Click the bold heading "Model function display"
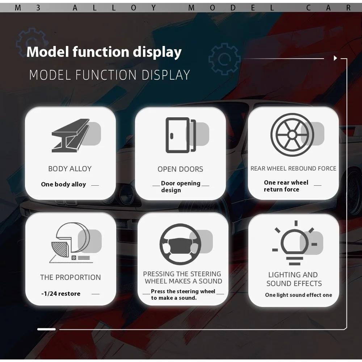coord(104,52)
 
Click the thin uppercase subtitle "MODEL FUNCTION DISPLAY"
coord(109,75)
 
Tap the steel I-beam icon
coord(71,135)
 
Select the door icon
coord(181,135)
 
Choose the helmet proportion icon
coord(71,243)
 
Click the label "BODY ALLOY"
coord(70,169)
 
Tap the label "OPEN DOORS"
coord(180,169)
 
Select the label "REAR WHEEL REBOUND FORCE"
coord(293,169)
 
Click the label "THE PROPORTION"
coord(71,277)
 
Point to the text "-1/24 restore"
coord(61,294)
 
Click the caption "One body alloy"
coord(63,184)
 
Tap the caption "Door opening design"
coord(181,186)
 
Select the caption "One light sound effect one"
coord(299,295)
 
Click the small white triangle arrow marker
coord(336,58)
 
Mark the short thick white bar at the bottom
coord(46,329)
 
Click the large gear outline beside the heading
coord(224,59)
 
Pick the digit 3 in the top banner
coord(38,8)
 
